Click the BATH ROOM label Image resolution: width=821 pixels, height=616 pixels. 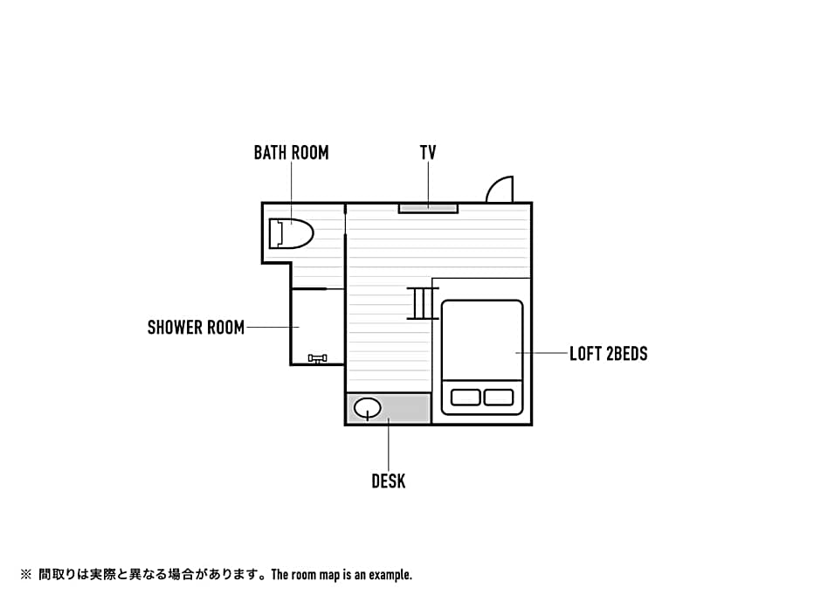[x=291, y=153]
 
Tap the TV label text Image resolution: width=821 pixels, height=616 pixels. [x=428, y=153]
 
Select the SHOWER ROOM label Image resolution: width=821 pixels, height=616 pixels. [x=196, y=328]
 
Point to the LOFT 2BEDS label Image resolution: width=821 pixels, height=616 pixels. [x=608, y=354]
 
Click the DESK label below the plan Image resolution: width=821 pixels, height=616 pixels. [x=388, y=481]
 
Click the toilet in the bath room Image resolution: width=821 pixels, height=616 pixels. [x=292, y=233]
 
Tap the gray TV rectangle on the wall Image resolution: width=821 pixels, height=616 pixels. [x=428, y=208]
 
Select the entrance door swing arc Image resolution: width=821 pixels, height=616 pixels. [x=500, y=190]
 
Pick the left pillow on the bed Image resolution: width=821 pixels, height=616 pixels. [x=466, y=398]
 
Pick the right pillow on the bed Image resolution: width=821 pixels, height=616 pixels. [x=499, y=398]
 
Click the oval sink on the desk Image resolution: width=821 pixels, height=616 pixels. [x=367, y=407]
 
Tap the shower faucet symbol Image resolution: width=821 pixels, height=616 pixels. [x=317, y=358]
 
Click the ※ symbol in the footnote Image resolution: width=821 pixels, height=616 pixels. [x=25, y=575]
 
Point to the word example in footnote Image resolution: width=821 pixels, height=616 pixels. [x=390, y=575]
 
